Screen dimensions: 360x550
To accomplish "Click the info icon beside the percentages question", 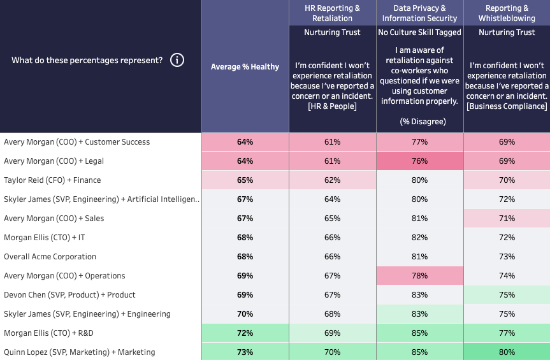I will pyautogui.click(x=177, y=61).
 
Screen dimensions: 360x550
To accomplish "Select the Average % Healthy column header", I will pyautogui.click(x=245, y=67).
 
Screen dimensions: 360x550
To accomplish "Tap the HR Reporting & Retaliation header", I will pyautogui.click(x=332, y=13).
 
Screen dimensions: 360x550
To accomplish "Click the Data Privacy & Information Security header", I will pyautogui.click(x=419, y=13).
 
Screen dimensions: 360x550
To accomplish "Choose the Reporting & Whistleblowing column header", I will pyautogui.click(x=507, y=13).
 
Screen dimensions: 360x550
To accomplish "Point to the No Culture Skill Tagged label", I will pyautogui.click(x=419, y=32).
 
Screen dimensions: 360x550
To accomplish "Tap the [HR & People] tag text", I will pyautogui.click(x=332, y=106).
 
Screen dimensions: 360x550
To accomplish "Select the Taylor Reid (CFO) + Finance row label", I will pyautogui.click(x=52, y=180).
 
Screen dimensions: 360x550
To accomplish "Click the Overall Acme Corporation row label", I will pyautogui.click(x=50, y=257).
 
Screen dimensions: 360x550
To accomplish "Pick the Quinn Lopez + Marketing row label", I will pyautogui.click(x=79, y=352).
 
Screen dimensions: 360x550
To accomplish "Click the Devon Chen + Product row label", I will pyautogui.click(x=69, y=295).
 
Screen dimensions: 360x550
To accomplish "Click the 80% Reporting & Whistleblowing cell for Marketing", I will pyautogui.click(x=507, y=352).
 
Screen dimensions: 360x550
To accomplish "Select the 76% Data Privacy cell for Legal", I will pyautogui.click(x=419, y=161).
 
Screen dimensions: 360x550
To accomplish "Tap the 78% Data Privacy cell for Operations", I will pyautogui.click(x=419, y=276).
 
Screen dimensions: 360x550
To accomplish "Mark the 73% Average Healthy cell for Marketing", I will pyautogui.click(x=245, y=352).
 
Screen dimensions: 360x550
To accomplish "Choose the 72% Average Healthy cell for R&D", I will pyautogui.click(x=245, y=333).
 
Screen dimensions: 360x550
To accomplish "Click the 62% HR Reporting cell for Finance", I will pyautogui.click(x=332, y=180).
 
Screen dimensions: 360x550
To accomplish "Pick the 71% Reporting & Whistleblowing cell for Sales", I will pyautogui.click(x=507, y=219).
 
